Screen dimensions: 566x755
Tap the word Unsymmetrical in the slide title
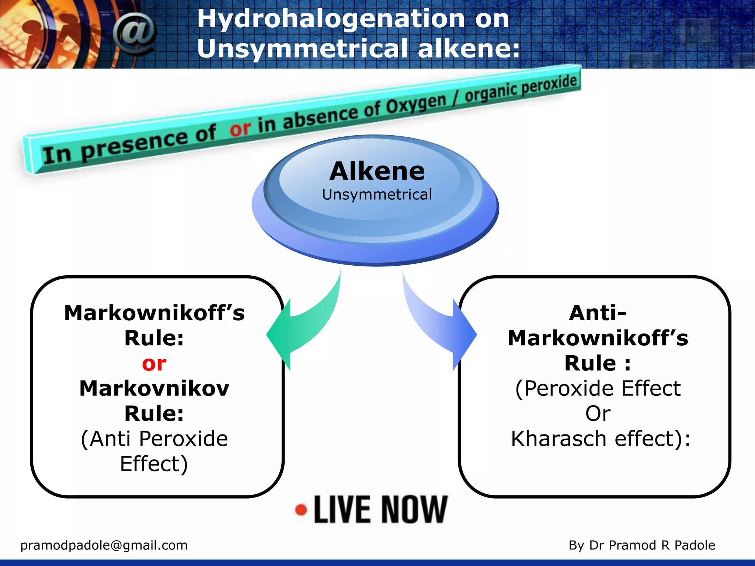pos(302,48)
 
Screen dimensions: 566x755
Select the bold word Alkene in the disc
pos(377,171)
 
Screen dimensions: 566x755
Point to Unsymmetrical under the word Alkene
pos(377,195)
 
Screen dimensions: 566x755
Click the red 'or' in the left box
pos(154,364)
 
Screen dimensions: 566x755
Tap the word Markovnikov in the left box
pos(154,389)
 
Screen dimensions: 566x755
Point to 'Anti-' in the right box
pos(597,313)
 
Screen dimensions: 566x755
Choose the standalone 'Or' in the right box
pos(598,413)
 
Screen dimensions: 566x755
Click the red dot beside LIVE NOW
pos(301,510)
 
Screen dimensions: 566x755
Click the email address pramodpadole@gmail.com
pos(104,545)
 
